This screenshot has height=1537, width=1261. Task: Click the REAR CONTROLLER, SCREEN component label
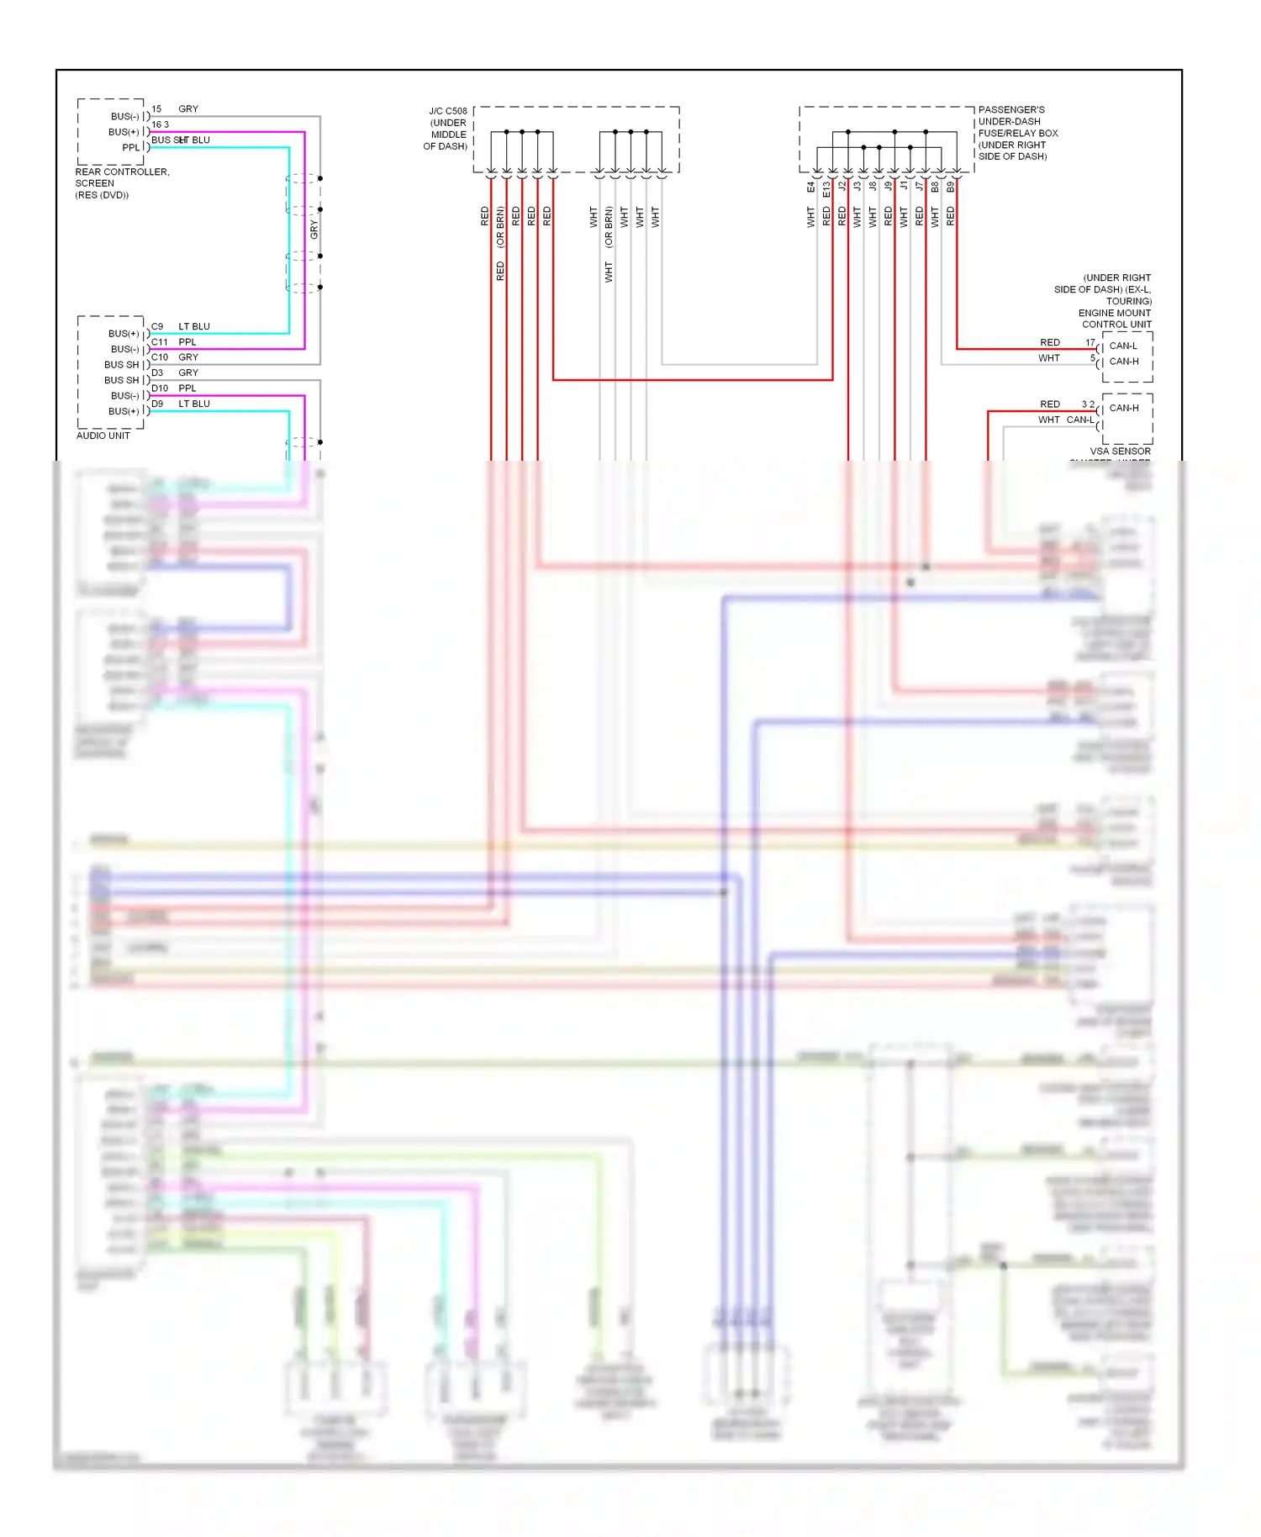[122, 177]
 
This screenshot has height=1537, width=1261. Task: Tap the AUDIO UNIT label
[103, 436]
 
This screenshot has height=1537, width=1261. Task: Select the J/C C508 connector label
[447, 111]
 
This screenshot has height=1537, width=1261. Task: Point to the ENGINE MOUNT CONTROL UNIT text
[1116, 319]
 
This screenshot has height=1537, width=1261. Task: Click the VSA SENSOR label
[1120, 452]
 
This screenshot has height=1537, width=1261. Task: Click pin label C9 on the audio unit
[157, 326]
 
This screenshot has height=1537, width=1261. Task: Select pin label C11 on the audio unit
[160, 342]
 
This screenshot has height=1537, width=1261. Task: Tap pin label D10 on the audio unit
[160, 388]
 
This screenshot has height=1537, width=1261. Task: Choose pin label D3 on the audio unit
[157, 372]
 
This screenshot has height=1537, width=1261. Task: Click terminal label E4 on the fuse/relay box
[811, 187]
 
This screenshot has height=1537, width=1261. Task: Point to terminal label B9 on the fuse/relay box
[951, 187]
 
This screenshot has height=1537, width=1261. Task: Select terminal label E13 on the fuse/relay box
[826, 188]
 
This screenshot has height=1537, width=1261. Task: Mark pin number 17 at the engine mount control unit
[1090, 342]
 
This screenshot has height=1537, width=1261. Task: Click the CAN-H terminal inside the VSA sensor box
[1124, 408]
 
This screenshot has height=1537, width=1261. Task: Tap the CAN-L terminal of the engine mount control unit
[1123, 346]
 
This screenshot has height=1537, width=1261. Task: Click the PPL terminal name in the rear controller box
[130, 148]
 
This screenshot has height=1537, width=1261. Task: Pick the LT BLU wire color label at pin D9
[194, 404]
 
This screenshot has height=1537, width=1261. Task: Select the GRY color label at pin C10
[188, 357]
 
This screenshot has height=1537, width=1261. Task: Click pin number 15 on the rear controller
[156, 109]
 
